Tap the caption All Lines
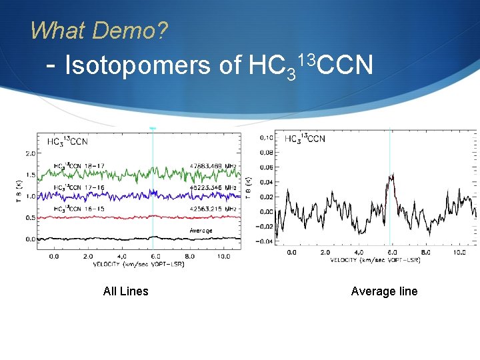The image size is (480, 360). (125, 291)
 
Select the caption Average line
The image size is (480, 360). (384, 291)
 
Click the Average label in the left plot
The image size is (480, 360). (201, 231)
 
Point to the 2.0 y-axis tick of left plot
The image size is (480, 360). (30, 153)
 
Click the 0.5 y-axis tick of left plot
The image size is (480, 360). (30, 217)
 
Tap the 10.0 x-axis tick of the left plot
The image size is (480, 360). (224, 255)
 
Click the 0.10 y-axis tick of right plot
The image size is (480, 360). (265, 138)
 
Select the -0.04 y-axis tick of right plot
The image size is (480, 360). (264, 241)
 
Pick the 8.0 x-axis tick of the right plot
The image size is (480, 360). (425, 253)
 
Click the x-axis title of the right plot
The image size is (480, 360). (375, 261)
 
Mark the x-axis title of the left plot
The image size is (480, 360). (139, 263)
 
